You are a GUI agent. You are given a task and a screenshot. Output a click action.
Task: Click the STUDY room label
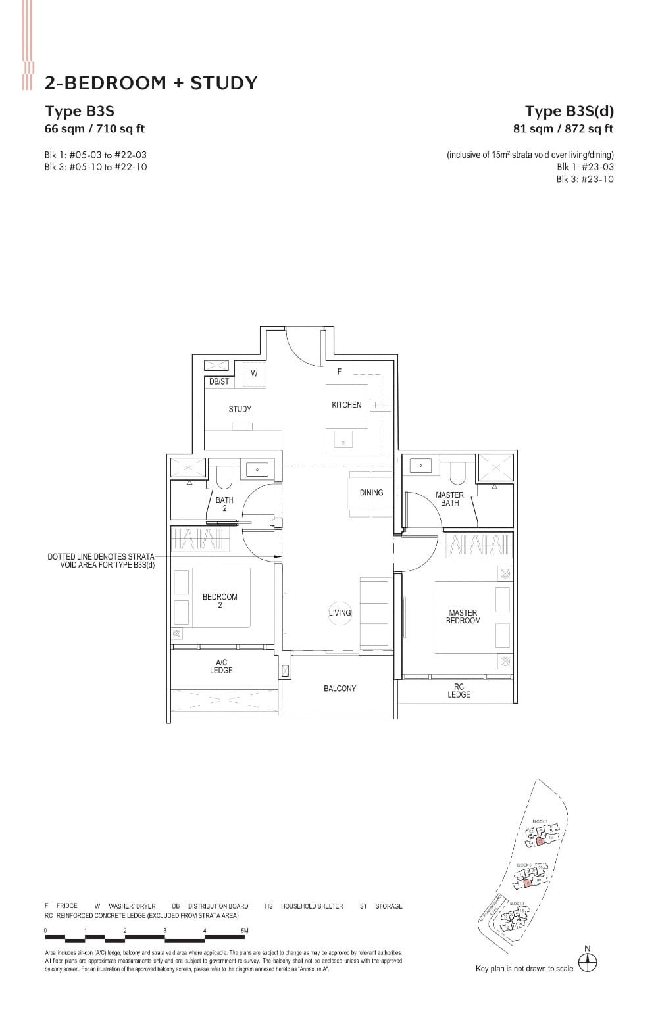[x=240, y=409]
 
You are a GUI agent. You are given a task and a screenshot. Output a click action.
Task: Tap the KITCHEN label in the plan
[x=346, y=405]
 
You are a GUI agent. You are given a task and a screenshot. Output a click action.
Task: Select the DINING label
[x=371, y=493]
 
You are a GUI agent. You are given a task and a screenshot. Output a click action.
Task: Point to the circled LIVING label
[x=340, y=613]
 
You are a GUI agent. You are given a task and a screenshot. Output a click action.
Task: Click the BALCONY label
[x=340, y=689]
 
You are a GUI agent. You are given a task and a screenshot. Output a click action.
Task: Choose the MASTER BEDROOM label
[x=463, y=617]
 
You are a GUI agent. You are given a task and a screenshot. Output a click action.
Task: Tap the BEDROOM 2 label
[x=220, y=601]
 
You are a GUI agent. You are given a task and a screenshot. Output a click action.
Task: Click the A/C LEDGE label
[x=221, y=667]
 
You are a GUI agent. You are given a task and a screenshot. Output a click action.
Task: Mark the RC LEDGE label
[x=459, y=690]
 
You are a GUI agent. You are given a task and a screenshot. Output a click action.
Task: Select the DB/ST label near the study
[x=218, y=382]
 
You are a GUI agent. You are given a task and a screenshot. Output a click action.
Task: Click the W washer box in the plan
[x=254, y=373]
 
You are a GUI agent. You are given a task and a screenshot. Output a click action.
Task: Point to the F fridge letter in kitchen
[x=340, y=372]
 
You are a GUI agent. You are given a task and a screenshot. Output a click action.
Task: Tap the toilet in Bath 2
[x=222, y=474]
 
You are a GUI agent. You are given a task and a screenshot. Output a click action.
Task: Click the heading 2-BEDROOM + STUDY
[x=151, y=83]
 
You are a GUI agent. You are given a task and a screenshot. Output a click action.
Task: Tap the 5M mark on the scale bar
[x=245, y=931]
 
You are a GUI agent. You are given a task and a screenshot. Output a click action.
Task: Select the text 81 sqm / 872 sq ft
[x=563, y=129]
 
